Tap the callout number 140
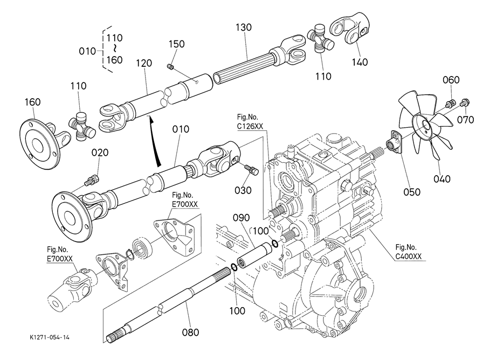[359, 62]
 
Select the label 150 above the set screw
[177, 44]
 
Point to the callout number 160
[33, 102]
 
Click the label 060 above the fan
[451, 80]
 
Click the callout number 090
[242, 218]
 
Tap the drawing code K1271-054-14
[50, 337]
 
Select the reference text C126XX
[250, 126]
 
